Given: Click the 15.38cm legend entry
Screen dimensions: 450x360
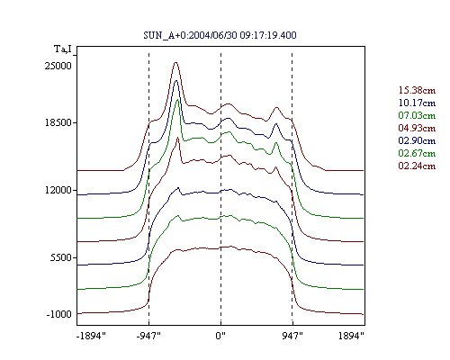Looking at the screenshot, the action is point(417,90).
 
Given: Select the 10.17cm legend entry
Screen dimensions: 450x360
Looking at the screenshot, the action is point(417,103).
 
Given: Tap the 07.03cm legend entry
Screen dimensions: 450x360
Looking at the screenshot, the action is point(417,115).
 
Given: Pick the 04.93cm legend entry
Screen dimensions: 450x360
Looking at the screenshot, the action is point(417,128).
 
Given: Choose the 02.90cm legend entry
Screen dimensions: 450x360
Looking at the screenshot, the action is point(417,140).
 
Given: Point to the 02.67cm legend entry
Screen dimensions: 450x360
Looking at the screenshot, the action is point(417,153).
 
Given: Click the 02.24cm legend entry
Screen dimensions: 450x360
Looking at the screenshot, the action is point(417,166).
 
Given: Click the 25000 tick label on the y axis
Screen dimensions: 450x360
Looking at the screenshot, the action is point(58,66).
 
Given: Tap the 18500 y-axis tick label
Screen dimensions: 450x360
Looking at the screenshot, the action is point(58,122).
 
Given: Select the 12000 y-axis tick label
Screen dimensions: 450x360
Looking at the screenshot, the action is point(58,190).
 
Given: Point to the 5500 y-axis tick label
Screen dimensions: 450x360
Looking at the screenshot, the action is point(61,257).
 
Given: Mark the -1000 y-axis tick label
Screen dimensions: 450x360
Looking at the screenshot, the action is point(59,314).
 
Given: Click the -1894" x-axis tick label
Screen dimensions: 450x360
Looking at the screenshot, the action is point(91,336).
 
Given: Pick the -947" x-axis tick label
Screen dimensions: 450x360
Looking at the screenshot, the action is point(148,336).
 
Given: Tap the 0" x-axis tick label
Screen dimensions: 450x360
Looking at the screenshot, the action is point(220,336).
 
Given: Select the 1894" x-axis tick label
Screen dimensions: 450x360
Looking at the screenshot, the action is point(351,336).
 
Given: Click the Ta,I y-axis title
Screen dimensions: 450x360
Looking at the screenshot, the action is point(63,49).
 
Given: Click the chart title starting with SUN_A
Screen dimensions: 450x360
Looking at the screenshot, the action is point(220,35).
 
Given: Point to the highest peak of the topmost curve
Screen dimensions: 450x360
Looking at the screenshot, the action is point(175,62).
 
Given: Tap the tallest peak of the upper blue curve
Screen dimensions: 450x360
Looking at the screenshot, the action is point(176,80).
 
